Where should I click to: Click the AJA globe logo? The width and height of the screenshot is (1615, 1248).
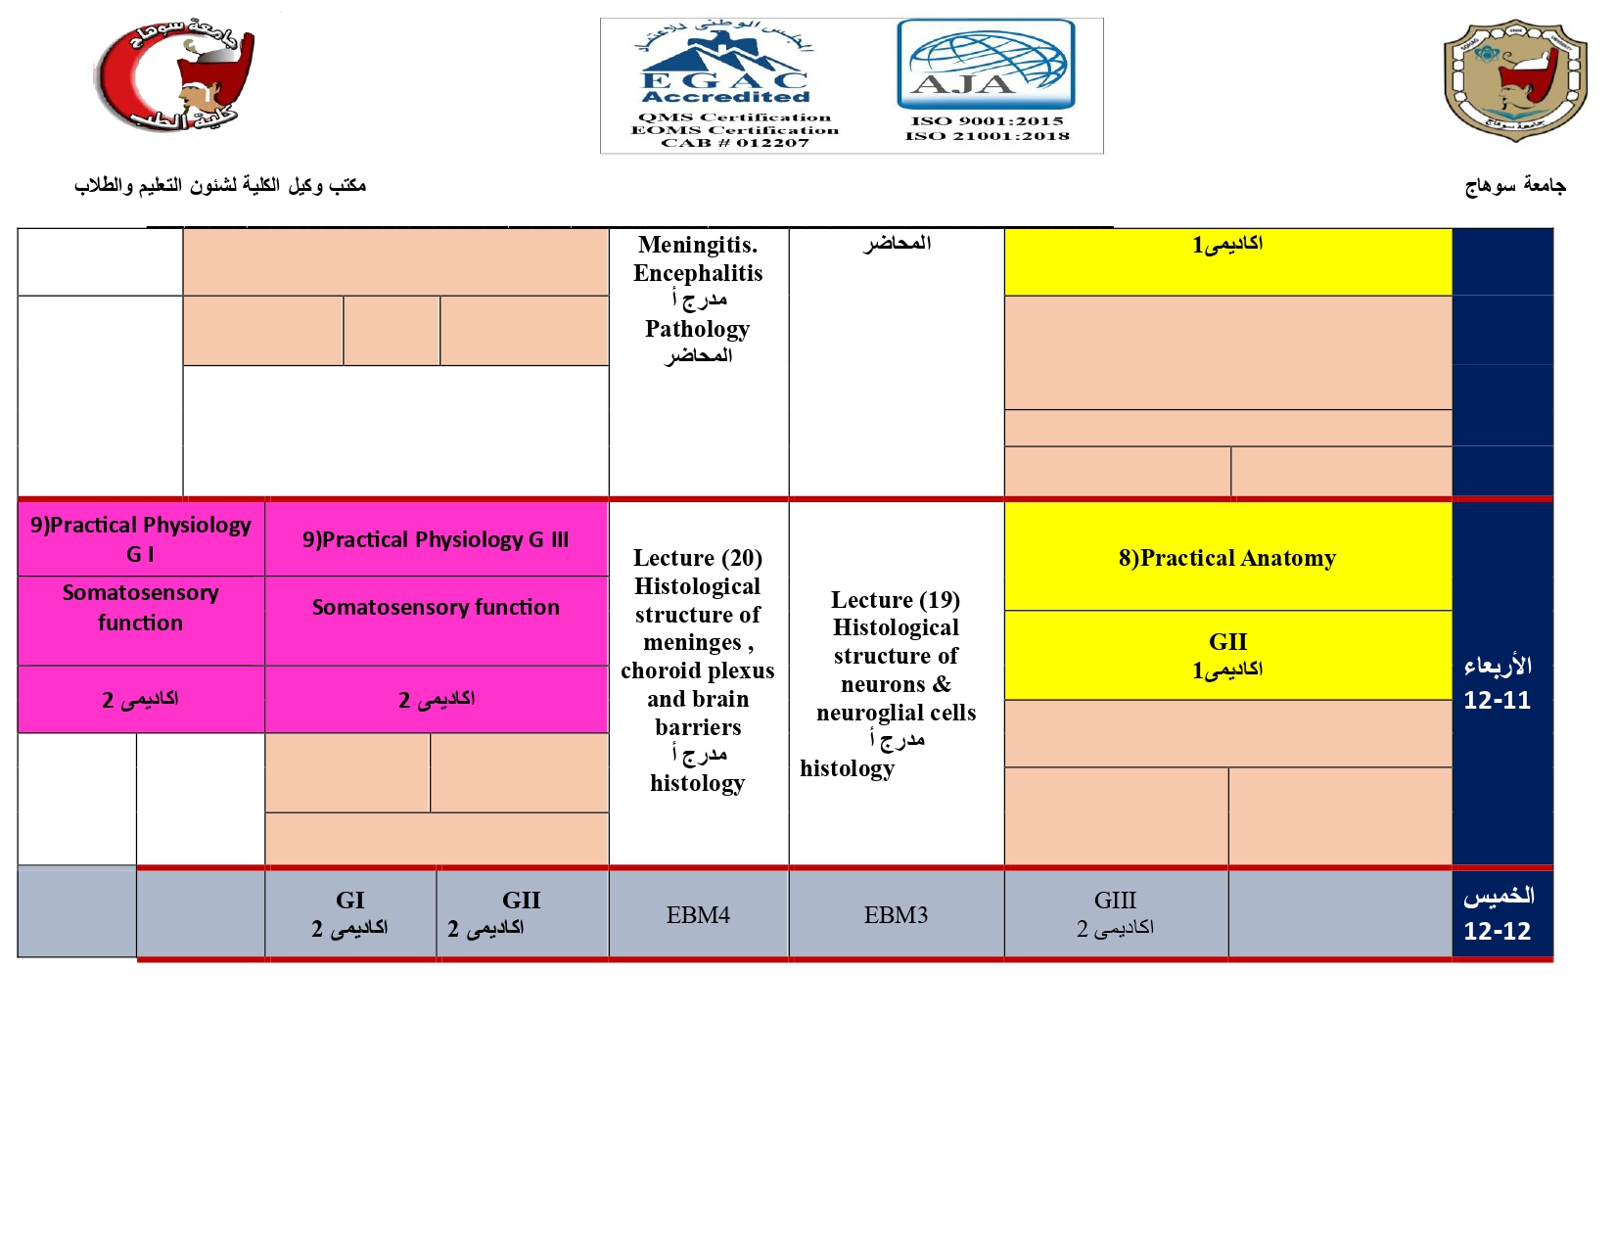point(986,65)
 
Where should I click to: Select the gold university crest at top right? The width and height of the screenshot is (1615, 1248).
point(1514,79)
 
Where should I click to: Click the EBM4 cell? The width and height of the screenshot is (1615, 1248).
point(698,915)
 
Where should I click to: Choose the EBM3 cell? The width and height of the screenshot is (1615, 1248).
point(896,915)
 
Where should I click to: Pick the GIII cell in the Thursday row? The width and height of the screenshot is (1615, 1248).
point(1115,913)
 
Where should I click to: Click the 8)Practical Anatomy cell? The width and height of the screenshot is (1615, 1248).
point(1227,558)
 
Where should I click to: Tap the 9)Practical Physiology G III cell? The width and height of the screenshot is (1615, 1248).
point(436,539)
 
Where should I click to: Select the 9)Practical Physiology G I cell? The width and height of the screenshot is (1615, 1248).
point(141,538)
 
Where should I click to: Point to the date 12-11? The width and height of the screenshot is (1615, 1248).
point(1497,701)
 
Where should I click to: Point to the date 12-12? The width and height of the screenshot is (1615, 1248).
point(1497,931)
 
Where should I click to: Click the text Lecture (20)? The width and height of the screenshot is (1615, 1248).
point(698,558)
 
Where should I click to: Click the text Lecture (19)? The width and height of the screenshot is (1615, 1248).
point(896,600)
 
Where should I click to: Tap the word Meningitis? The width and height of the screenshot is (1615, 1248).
point(698,245)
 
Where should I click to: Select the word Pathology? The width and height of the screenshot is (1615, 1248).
point(698,329)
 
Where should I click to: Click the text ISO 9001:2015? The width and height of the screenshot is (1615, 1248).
point(987,121)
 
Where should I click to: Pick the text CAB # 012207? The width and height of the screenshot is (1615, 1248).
point(735,143)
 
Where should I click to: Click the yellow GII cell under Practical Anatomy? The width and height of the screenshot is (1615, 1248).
point(1227,655)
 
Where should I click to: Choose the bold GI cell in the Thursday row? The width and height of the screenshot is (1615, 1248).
point(350,913)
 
